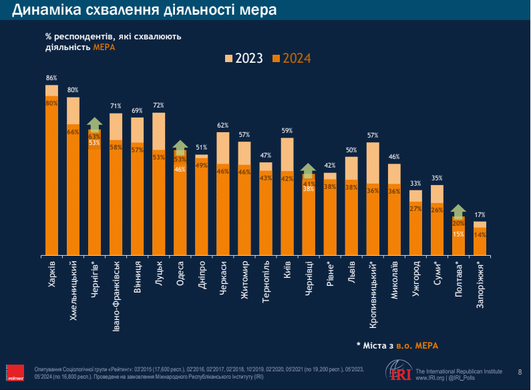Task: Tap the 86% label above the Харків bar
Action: click(51, 78)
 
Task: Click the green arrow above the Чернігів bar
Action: click(94, 124)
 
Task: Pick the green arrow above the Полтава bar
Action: click(458, 210)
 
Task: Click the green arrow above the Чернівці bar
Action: click(308, 170)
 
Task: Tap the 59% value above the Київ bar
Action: click(287, 131)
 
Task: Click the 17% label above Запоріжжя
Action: click(480, 215)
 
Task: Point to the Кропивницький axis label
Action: click(373, 291)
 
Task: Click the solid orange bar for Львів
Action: click(351, 217)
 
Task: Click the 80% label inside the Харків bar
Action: click(51, 103)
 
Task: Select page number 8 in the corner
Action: click(520, 371)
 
